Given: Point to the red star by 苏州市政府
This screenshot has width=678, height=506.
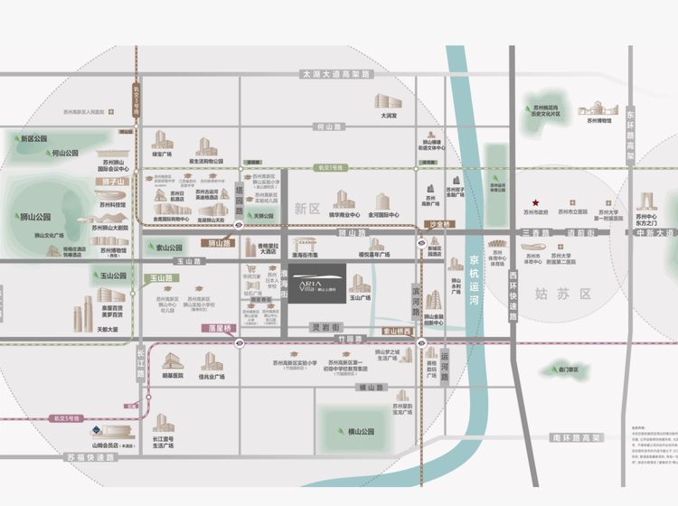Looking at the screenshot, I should coord(535,202).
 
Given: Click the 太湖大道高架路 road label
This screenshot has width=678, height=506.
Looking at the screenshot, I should coord(335,73).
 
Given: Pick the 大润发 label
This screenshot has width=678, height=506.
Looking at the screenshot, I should coord(389,116).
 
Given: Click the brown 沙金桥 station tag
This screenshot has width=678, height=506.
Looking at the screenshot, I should coord(438,222).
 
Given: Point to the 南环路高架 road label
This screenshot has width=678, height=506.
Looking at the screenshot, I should coord(576,437).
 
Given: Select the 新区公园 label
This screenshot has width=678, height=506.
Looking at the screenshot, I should coord(34,139).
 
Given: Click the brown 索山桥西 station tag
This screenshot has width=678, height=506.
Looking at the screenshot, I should coord(394,331).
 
